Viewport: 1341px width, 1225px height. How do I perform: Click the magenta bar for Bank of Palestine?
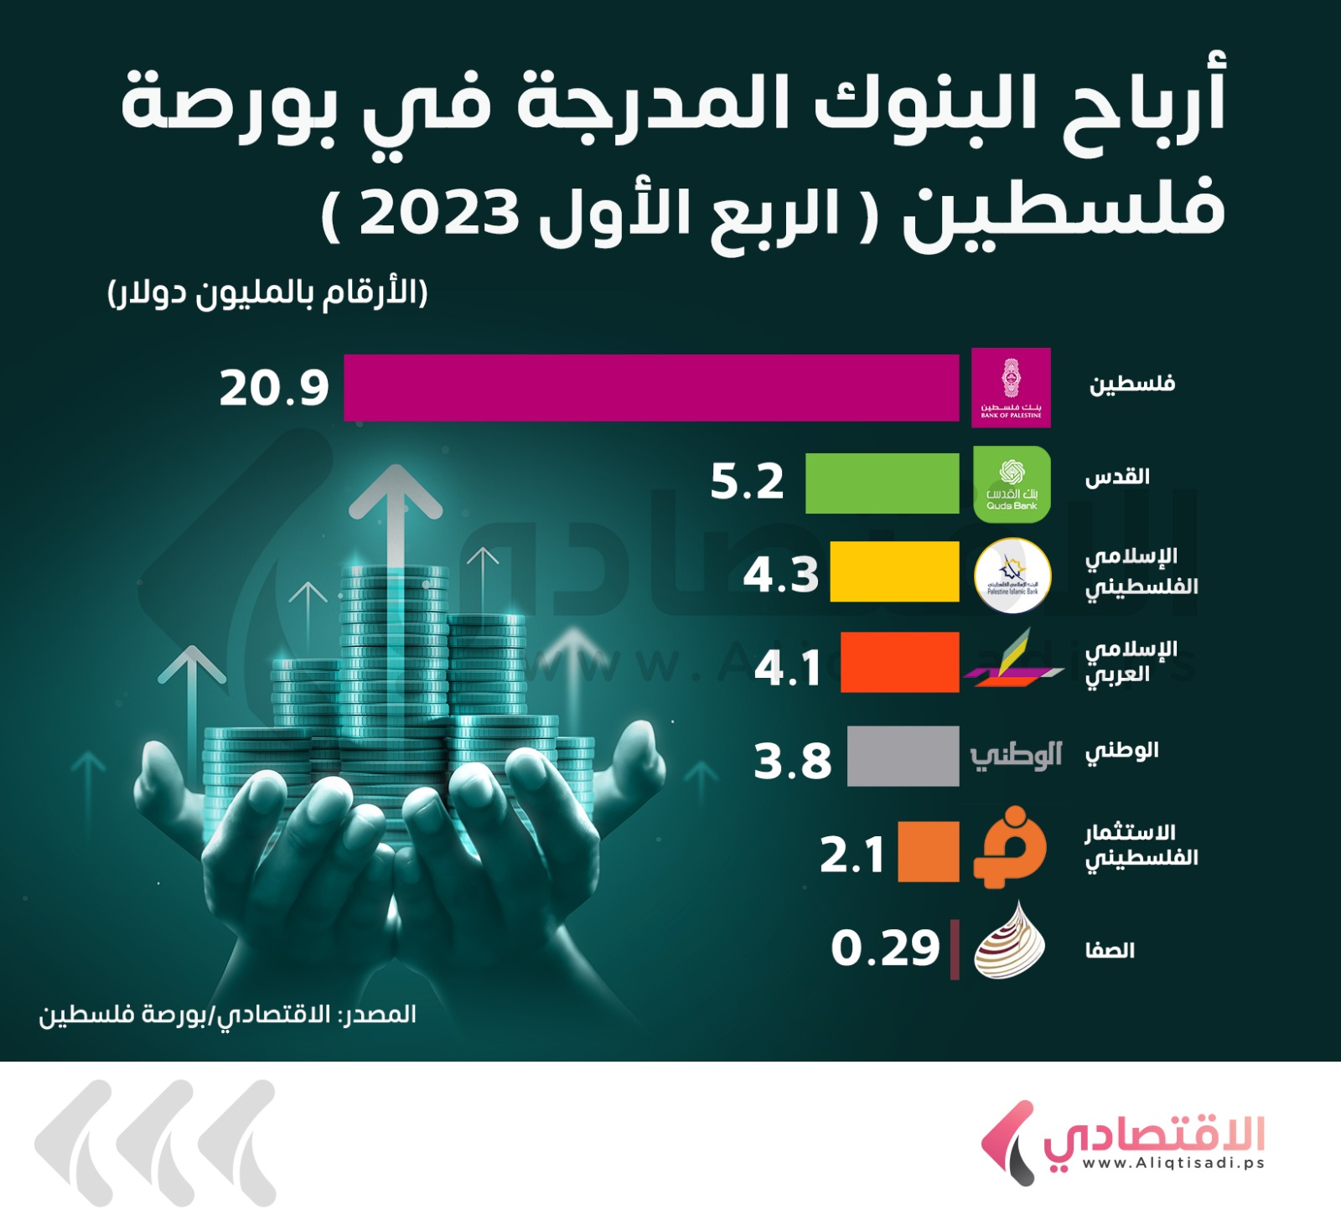point(650,387)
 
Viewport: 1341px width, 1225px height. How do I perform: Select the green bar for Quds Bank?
point(882,483)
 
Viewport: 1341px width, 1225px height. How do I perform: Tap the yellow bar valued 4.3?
point(894,571)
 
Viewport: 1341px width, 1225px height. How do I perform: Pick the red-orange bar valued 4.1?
point(899,662)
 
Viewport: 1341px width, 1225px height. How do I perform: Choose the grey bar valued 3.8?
point(903,756)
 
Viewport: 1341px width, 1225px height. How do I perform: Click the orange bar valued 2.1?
point(928,851)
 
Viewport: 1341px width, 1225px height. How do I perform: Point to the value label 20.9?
point(274,389)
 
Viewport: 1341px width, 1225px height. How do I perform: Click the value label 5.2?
point(746,483)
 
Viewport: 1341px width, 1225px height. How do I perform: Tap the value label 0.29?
point(885,948)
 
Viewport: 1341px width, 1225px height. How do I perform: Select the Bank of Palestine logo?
point(1011,387)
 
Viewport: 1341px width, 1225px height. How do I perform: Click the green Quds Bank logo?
point(1012,484)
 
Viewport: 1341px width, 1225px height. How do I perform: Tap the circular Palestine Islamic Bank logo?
point(1012,576)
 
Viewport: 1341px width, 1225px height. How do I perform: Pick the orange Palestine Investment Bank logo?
point(1010,848)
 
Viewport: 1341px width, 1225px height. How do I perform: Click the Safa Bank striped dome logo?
point(1010,942)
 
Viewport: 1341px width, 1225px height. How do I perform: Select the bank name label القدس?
point(1117,478)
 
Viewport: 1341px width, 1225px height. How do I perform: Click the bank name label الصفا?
point(1110,950)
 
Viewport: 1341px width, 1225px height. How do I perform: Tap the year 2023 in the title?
point(439,214)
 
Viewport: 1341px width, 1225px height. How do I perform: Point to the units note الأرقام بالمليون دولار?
point(267,294)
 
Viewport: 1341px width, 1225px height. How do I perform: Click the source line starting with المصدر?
point(228,1015)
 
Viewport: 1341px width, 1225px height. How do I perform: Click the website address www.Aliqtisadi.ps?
point(1173,1163)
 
